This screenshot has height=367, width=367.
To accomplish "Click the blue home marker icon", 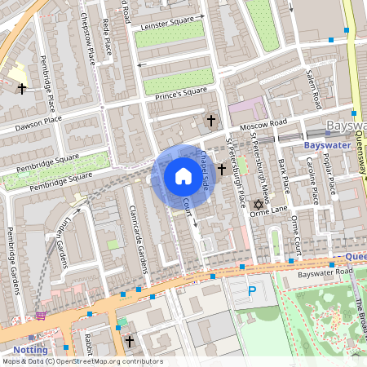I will pos(183,176).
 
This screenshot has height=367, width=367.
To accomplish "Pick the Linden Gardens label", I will pos(60,238).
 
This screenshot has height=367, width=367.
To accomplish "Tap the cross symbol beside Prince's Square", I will pos(211,121).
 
